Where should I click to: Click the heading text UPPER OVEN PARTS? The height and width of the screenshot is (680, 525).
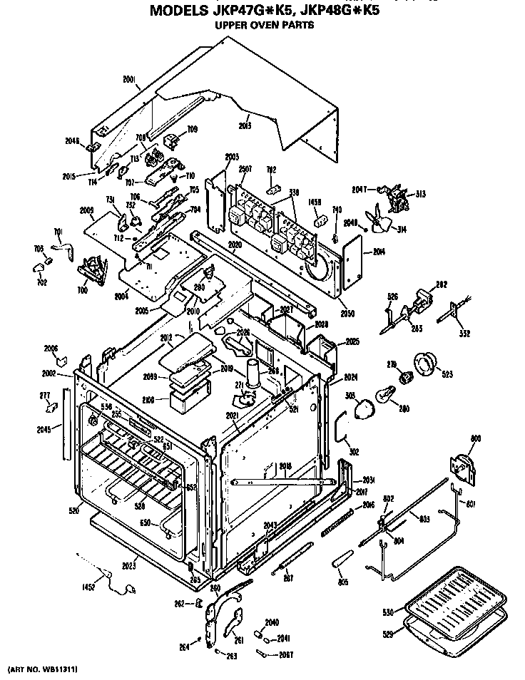point(264,25)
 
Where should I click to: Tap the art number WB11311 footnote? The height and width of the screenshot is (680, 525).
point(42,670)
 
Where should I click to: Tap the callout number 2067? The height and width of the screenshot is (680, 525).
point(284,654)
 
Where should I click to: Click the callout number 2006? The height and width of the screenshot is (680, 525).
point(51,349)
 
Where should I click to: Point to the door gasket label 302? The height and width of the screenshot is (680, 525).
point(354,450)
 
